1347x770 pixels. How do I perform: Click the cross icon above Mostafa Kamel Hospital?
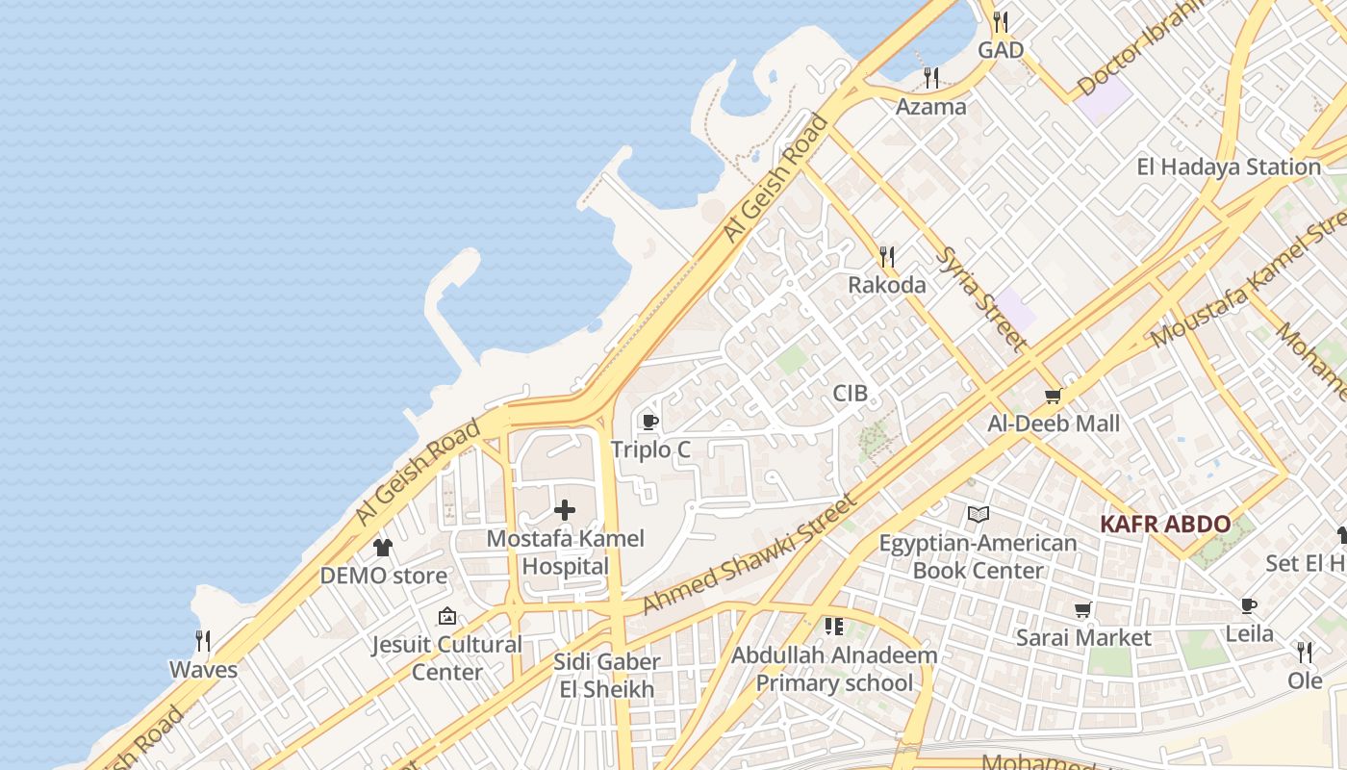(x=565, y=510)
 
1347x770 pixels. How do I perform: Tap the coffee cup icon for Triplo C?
(x=649, y=422)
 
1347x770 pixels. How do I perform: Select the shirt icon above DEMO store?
(x=383, y=548)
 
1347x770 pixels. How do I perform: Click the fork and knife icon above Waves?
(x=203, y=641)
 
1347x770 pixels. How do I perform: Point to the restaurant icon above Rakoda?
(x=887, y=257)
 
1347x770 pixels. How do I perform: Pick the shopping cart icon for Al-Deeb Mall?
(x=1054, y=396)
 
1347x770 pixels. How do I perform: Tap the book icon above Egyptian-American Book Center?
(x=978, y=515)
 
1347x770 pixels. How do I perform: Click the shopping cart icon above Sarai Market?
(x=1083, y=609)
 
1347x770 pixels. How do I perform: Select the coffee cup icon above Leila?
(x=1249, y=605)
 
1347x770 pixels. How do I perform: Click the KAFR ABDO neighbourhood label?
(x=1165, y=525)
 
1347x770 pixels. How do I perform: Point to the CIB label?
(x=851, y=393)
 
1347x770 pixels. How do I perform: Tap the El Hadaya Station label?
(x=1229, y=167)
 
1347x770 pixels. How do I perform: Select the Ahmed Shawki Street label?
(x=749, y=554)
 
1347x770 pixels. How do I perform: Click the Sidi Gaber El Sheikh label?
(x=606, y=676)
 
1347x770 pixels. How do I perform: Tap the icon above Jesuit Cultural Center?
(x=447, y=616)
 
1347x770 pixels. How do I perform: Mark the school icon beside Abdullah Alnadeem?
(x=833, y=628)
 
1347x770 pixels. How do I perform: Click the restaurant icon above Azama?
(x=931, y=78)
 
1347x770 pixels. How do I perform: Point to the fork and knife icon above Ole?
(x=1305, y=653)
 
